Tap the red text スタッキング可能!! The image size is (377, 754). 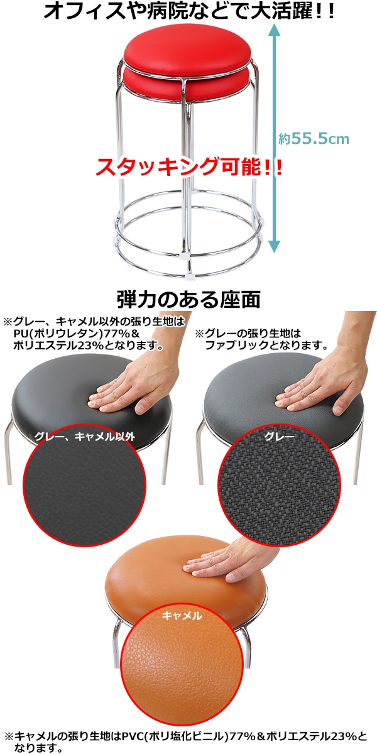(188, 167)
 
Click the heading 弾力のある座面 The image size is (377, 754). (188, 299)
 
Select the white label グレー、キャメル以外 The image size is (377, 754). (84, 436)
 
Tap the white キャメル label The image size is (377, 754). (182, 616)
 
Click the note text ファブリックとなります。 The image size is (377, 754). (267, 345)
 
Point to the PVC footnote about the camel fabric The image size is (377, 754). (188, 740)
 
